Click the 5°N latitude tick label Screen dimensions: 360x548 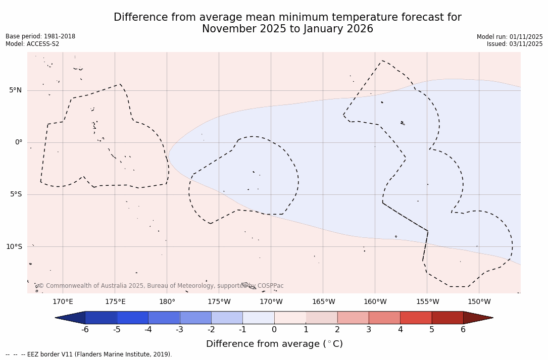click(x=15, y=90)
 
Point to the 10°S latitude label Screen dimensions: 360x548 click(x=14, y=247)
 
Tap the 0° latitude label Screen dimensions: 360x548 click(x=18, y=142)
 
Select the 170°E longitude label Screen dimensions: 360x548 click(x=63, y=302)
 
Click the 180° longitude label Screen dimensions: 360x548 click(x=167, y=302)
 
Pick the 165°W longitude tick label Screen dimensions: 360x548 click(x=323, y=302)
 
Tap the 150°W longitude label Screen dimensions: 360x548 click(x=479, y=302)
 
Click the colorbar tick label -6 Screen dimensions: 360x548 click(x=85, y=330)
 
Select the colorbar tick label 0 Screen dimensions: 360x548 click(x=274, y=330)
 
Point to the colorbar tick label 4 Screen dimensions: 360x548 click(x=400, y=330)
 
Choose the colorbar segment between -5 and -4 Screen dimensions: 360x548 click(x=132, y=318)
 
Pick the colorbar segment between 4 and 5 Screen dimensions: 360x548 click(x=416, y=318)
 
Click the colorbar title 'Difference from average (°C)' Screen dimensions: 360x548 click(x=274, y=344)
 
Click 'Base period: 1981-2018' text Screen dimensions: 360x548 click(x=40, y=36)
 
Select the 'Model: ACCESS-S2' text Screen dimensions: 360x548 click(x=32, y=44)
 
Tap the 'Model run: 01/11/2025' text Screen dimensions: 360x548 click(x=510, y=37)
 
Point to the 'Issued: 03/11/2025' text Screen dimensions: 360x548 click(x=515, y=44)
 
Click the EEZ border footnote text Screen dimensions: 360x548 click(x=88, y=354)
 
